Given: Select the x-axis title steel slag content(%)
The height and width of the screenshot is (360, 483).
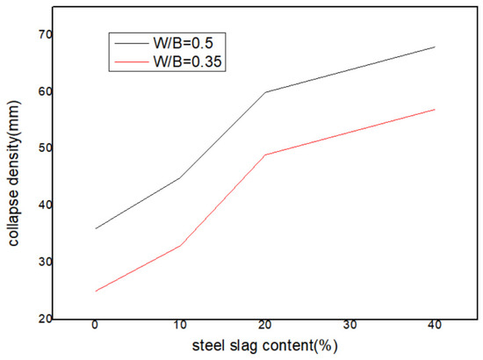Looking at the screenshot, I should (x=264, y=346).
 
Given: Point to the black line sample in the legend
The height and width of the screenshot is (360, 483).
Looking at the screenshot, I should (x=131, y=40).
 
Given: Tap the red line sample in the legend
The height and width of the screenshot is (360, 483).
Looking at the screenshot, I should (x=131, y=62).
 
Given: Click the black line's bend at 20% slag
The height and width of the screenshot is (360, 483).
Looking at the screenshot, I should (x=264, y=92).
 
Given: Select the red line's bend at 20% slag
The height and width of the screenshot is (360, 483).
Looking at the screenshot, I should (x=264, y=155).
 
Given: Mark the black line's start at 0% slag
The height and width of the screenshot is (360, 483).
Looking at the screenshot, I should (x=95, y=228).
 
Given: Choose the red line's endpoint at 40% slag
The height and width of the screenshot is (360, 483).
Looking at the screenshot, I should (x=435, y=109).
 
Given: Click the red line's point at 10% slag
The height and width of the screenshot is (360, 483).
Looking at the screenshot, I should (x=180, y=245).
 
